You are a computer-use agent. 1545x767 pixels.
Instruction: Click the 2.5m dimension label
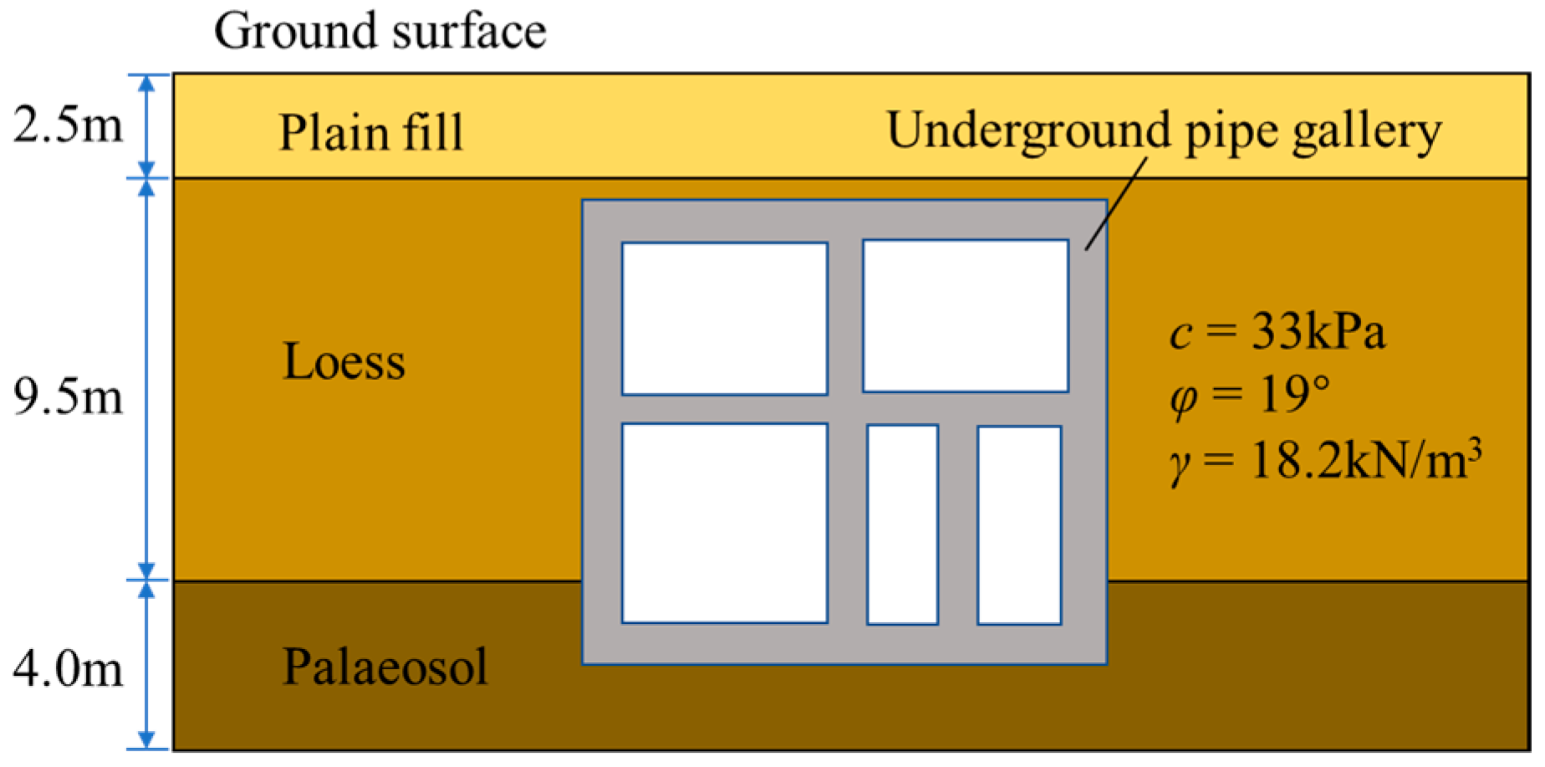(x=67, y=125)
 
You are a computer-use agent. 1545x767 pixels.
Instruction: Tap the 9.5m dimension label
(x=67, y=396)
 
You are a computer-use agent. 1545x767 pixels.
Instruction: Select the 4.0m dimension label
(x=67, y=668)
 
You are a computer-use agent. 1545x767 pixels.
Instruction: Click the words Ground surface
(x=380, y=32)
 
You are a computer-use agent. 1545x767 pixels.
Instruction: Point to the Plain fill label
(x=370, y=132)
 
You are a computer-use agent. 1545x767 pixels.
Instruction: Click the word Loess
(x=344, y=361)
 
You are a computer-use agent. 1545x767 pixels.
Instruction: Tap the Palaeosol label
(x=385, y=667)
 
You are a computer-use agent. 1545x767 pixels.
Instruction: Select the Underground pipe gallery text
(x=1163, y=131)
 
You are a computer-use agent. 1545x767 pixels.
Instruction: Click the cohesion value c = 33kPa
(x=1277, y=332)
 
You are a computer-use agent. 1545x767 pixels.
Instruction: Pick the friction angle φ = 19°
(x=1249, y=395)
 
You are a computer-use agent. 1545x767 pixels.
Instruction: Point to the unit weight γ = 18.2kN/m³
(x=1324, y=461)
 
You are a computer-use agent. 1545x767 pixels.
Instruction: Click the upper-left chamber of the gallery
(x=724, y=319)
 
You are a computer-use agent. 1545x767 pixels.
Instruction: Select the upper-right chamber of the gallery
(x=965, y=316)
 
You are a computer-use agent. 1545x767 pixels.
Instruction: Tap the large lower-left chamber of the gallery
(x=724, y=524)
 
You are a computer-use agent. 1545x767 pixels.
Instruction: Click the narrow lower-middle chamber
(x=902, y=524)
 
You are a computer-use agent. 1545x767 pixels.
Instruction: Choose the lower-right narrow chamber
(x=1018, y=525)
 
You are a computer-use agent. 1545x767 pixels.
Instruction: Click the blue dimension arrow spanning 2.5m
(x=147, y=125)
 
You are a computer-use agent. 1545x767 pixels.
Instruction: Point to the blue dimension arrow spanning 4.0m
(x=147, y=665)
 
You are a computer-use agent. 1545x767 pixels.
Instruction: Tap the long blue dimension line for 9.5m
(x=147, y=379)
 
